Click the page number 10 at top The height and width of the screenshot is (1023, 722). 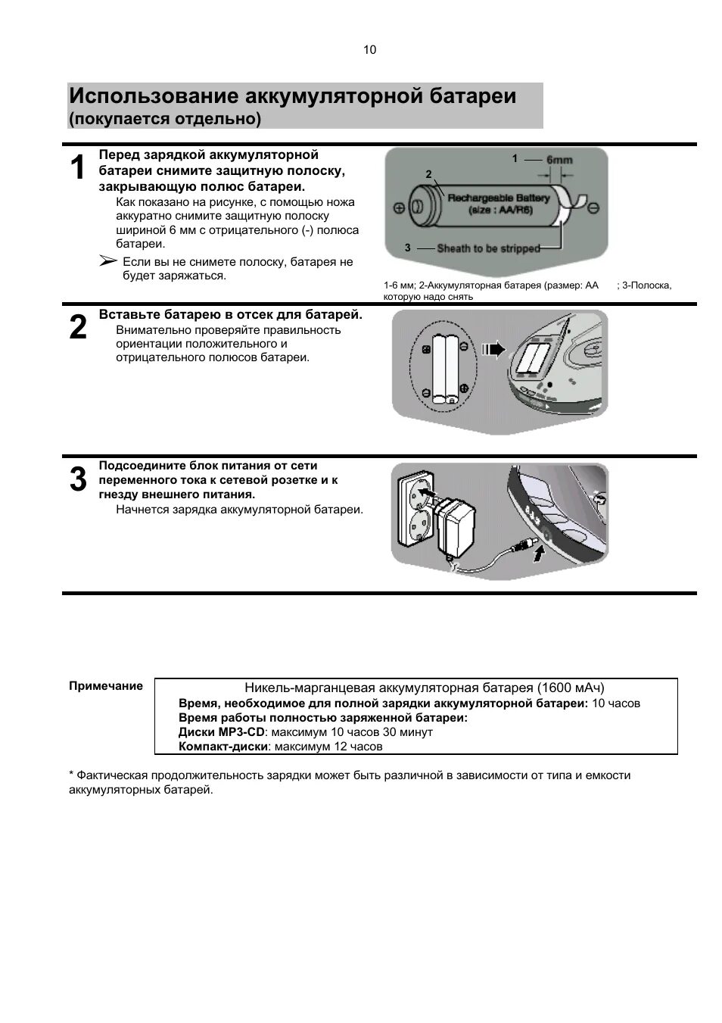(369, 51)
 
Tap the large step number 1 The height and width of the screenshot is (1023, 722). (78, 168)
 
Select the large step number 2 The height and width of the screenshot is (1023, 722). (78, 328)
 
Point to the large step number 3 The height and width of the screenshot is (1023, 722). (78, 480)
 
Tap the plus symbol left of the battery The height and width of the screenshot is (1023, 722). (399, 207)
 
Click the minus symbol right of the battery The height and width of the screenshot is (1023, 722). (594, 207)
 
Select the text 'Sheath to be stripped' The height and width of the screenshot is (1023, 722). (488, 248)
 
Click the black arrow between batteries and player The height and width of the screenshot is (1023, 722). (493, 349)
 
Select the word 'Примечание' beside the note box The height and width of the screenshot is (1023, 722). (106, 686)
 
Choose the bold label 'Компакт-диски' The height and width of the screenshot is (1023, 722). (223, 747)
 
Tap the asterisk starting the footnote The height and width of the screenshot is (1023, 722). (72, 775)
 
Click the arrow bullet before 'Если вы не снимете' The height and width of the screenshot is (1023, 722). (108, 261)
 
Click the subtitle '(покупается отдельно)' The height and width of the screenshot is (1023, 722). (165, 119)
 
